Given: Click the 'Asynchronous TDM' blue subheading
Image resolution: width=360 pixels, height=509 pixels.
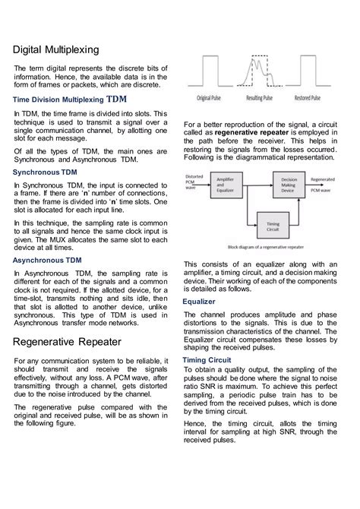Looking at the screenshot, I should pyautogui.click(x=49, y=260).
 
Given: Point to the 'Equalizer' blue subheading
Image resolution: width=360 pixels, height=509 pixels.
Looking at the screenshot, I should pyautogui.click(x=199, y=302).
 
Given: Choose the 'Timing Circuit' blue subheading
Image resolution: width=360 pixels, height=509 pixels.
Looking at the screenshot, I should pyautogui.click(x=207, y=359).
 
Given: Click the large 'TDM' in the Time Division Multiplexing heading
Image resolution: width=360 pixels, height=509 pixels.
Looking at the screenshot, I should pyautogui.click(x=117, y=100).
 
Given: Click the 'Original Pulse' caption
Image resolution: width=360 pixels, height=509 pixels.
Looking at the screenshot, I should pyautogui.click(x=214, y=98).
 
